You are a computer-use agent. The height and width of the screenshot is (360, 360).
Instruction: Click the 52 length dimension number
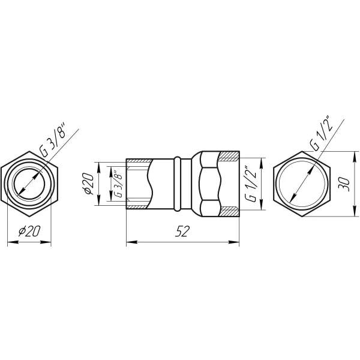click(x=182, y=231)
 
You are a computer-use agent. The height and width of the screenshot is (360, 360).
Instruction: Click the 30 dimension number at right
click(x=344, y=184)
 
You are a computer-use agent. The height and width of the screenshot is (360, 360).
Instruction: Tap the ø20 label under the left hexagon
click(x=29, y=231)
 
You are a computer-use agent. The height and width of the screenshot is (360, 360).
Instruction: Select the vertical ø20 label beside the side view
click(x=88, y=184)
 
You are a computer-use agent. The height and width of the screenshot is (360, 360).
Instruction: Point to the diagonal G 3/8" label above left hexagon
click(x=53, y=140)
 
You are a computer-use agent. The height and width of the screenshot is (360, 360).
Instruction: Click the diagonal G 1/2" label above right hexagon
click(x=321, y=133)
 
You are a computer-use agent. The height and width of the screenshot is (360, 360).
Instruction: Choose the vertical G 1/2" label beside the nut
click(x=250, y=184)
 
